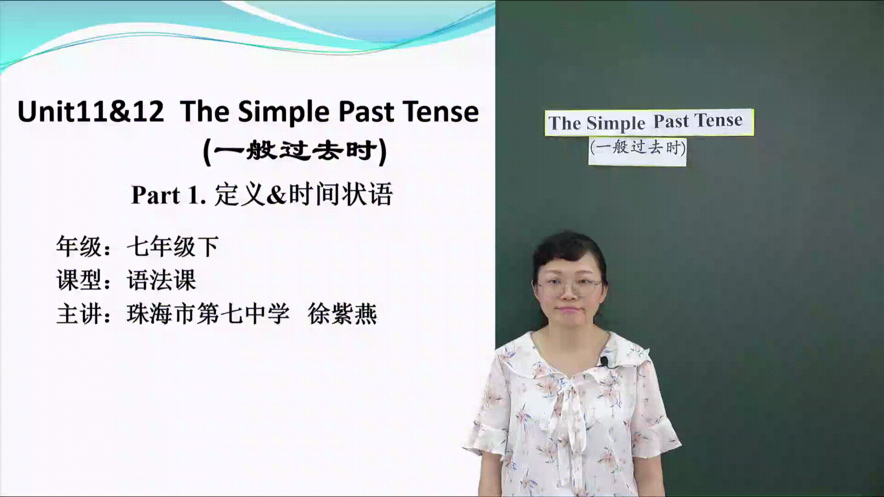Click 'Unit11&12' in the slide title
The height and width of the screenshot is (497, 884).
pos(91,112)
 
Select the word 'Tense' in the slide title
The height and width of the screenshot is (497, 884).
pos(441,112)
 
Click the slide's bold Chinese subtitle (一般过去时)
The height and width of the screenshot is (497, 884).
pos(295,150)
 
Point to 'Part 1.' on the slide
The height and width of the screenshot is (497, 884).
pos(169,195)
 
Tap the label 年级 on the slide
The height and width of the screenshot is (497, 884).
pos(79,246)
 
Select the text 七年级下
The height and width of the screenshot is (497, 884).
pos(173,246)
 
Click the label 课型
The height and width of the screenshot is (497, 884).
pos(79,280)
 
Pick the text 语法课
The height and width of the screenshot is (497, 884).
pos(161,280)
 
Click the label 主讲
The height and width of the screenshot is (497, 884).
pos(79,313)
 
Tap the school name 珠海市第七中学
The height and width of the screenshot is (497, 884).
pos(208,313)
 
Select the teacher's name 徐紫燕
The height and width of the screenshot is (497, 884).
pos(342,313)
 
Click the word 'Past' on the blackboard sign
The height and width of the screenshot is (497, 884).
pos(671,121)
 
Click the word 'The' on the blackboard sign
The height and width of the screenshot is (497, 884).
pos(564,123)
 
